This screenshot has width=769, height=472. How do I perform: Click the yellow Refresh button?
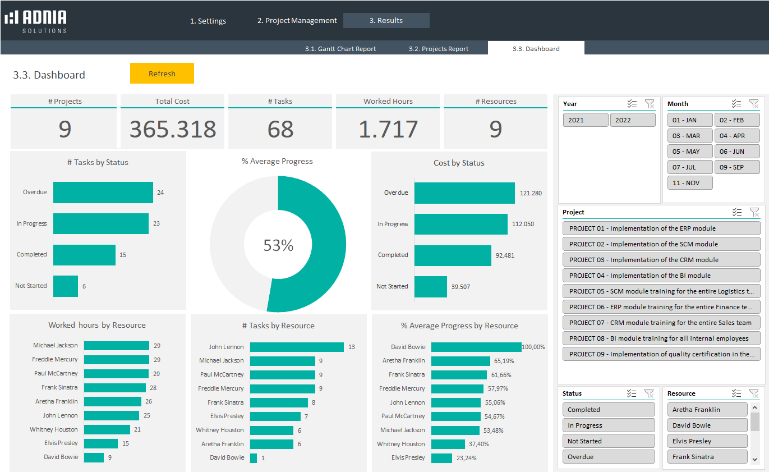162,74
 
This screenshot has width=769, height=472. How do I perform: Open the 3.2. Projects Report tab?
438,49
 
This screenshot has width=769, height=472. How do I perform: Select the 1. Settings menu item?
208,21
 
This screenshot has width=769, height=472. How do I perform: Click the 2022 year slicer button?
632,120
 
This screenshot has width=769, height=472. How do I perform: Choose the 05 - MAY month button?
689,152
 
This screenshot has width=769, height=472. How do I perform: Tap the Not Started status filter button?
608,441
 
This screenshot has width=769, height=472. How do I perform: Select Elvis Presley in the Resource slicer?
707,441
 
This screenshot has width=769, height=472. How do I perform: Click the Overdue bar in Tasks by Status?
103,193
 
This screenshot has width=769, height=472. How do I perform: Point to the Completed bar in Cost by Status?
452,255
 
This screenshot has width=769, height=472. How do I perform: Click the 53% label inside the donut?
278,245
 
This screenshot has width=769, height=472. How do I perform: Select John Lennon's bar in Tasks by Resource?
296,347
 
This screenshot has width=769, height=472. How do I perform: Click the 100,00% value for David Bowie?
533,347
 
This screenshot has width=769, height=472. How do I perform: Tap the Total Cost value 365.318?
173,129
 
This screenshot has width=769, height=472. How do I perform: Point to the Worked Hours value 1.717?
388,129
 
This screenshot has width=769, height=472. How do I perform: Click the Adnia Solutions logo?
36,21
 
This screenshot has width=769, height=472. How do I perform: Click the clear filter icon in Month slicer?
754,104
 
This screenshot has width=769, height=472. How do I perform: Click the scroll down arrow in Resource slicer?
754,459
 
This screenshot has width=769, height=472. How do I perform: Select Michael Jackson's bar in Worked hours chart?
116,346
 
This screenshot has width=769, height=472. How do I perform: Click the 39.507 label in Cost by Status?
461,287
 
